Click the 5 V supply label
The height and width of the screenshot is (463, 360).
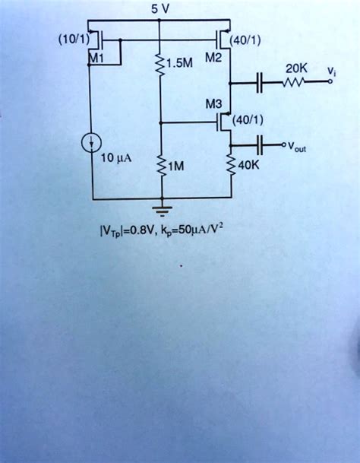pyautogui.click(x=159, y=10)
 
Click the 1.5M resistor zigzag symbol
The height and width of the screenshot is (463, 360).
pyautogui.click(x=159, y=68)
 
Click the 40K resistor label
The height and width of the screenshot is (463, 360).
pyautogui.click(x=249, y=165)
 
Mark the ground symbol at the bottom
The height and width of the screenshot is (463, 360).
pyautogui.click(x=159, y=208)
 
